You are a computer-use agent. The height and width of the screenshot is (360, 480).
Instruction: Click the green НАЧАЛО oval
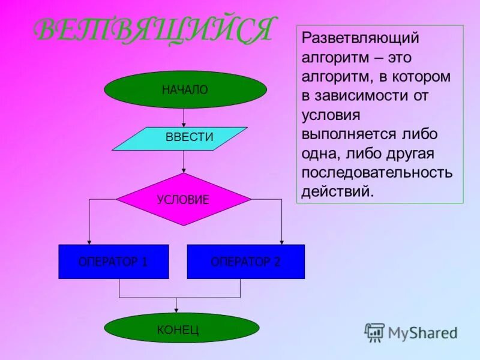click(185, 90)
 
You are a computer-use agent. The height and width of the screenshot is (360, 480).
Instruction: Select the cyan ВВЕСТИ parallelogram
click(180, 138)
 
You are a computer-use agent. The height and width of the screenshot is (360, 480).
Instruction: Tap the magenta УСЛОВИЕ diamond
click(183, 199)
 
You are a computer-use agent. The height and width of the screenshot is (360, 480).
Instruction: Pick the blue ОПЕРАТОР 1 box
click(113, 262)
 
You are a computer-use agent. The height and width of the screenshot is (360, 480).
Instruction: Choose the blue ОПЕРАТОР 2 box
click(246, 262)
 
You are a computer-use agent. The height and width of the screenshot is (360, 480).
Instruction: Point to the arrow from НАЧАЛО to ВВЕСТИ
click(184, 118)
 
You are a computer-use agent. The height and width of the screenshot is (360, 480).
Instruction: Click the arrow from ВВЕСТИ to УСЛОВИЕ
click(184, 162)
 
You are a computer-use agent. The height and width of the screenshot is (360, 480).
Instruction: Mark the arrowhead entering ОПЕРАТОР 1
click(89, 241)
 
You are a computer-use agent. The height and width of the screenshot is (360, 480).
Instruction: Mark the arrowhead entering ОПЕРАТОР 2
click(281, 241)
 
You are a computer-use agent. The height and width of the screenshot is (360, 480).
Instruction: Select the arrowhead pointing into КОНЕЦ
click(176, 310)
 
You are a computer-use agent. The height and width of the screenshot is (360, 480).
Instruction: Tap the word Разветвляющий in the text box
click(360, 38)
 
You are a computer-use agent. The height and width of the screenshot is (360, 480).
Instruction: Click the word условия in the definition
click(331, 115)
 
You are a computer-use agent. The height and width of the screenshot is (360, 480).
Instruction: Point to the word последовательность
click(377, 173)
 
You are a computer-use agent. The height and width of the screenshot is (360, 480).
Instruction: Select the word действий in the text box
click(337, 192)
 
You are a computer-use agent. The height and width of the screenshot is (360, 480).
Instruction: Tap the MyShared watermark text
click(422, 332)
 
